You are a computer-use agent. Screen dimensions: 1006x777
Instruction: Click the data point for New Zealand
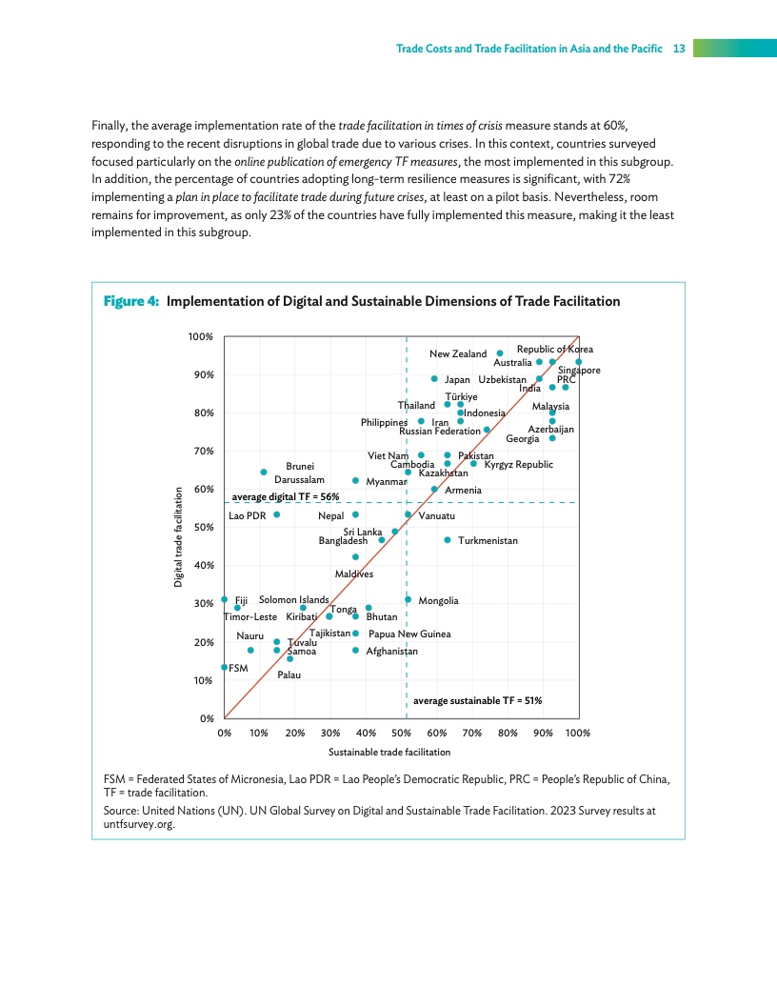(x=500, y=353)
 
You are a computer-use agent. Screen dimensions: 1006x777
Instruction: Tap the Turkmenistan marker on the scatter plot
(x=448, y=540)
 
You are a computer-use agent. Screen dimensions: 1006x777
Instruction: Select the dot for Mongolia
(x=408, y=599)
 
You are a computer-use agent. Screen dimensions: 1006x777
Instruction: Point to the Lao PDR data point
(x=276, y=514)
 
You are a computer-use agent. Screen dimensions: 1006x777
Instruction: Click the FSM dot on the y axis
(x=225, y=667)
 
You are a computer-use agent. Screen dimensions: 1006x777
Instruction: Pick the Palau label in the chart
(x=289, y=674)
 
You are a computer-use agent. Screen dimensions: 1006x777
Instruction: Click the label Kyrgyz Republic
(x=518, y=464)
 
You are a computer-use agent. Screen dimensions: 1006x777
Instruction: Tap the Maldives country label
(x=353, y=574)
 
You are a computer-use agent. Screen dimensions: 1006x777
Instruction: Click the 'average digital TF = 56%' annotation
(x=286, y=496)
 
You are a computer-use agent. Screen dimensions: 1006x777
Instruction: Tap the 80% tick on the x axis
(x=508, y=734)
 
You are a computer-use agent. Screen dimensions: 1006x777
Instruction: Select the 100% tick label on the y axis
(x=200, y=336)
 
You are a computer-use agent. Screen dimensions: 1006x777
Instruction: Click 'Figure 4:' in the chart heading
(x=130, y=302)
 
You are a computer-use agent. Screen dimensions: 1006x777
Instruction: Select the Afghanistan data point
(x=356, y=651)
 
